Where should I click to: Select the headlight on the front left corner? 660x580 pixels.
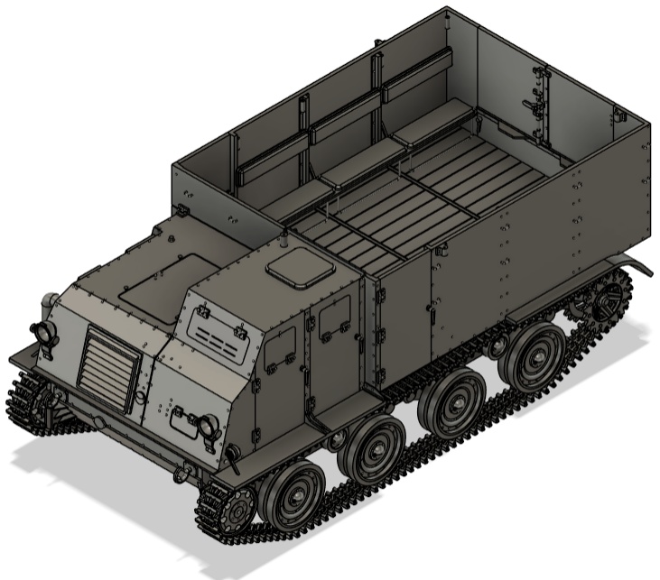(45, 333)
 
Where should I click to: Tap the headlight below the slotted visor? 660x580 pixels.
(209, 424)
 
